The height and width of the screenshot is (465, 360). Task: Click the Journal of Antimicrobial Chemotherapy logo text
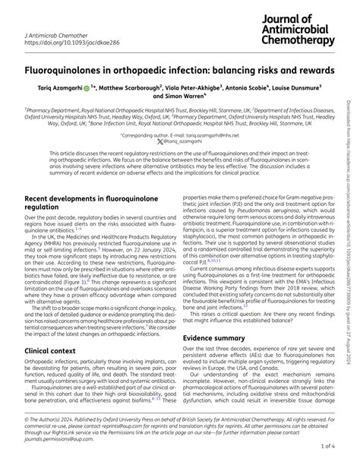pyautogui.click(x=297, y=29)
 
